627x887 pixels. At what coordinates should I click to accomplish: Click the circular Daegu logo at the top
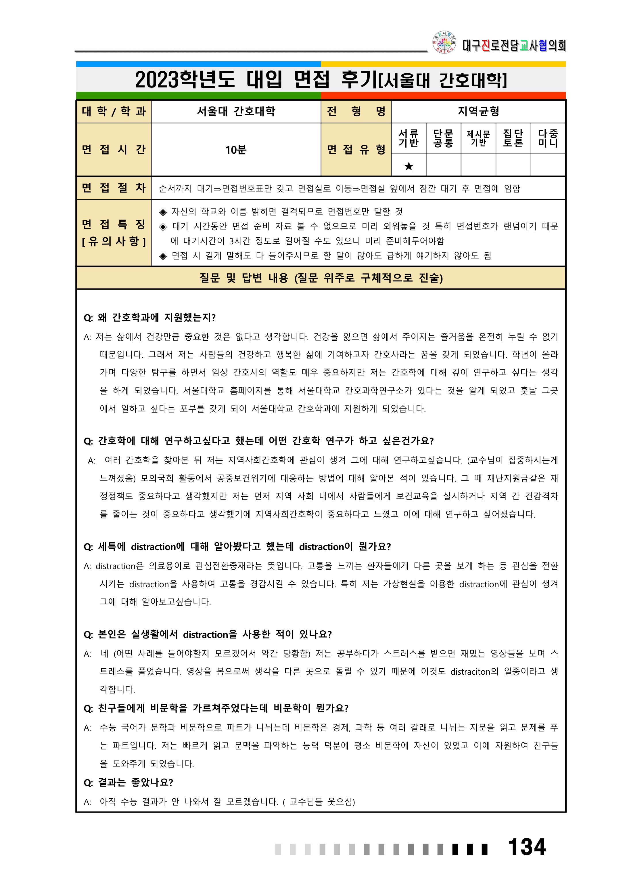(444, 42)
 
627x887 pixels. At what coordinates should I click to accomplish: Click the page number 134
(527, 847)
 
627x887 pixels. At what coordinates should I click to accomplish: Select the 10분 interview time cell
(236, 150)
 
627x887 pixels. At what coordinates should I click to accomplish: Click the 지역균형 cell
(478, 112)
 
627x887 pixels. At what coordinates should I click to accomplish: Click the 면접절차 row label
(114, 188)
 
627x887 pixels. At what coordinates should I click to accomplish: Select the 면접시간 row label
(114, 150)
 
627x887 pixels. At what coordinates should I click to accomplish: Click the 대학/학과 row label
(114, 112)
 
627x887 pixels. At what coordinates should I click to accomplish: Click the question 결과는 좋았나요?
(129, 782)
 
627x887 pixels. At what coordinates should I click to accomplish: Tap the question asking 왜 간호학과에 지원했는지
(150, 318)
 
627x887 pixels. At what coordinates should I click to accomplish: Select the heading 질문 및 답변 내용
(321, 278)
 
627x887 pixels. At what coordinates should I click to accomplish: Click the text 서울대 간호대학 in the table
(236, 112)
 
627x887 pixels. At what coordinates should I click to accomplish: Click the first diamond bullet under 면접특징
(163, 212)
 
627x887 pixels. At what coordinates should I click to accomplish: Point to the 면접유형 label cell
(356, 150)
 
